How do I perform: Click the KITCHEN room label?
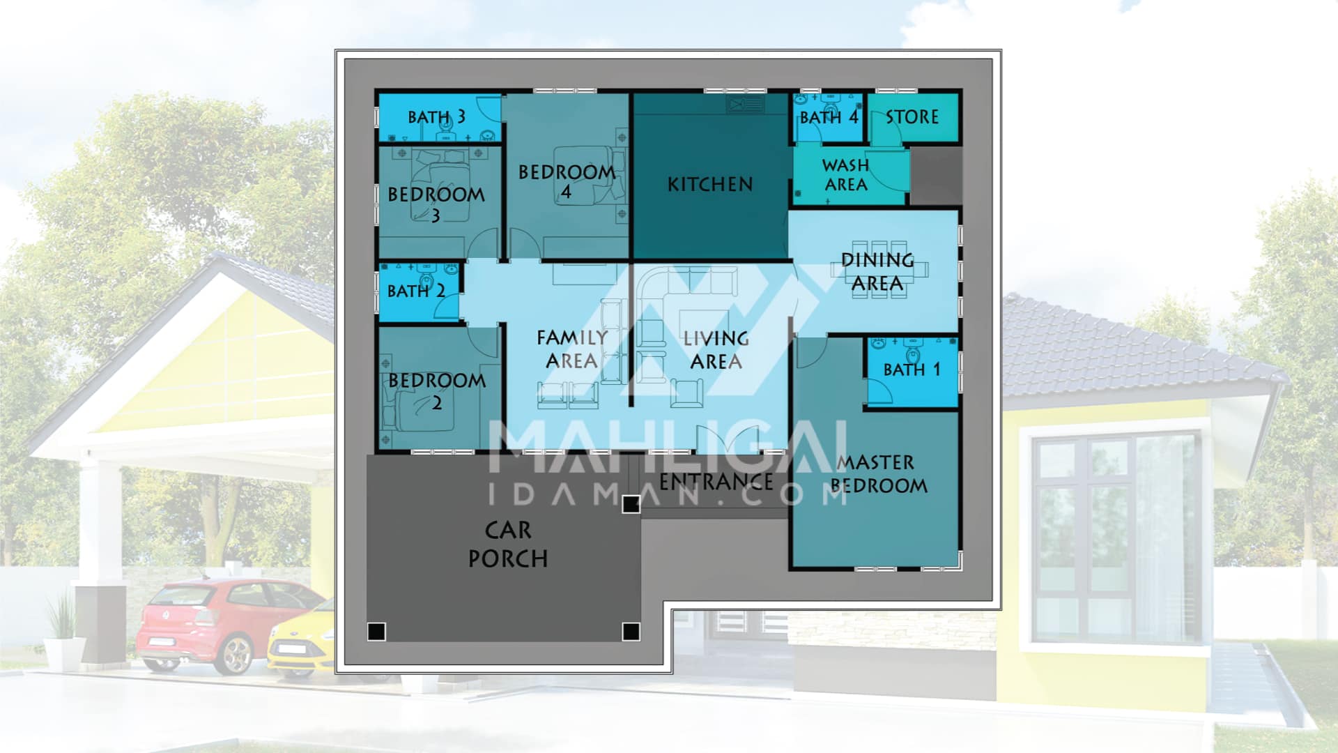click(x=710, y=184)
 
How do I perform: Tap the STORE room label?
click(x=912, y=116)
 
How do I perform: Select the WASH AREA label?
click(x=845, y=175)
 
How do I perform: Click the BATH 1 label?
click(x=912, y=369)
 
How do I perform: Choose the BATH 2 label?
click(x=416, y=290)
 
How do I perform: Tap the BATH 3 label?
click(x=436, y=116)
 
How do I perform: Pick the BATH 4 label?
click(x=829, y=116)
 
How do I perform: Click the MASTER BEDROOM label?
click(x=879, y=474)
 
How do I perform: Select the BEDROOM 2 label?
click(x=437, y=391)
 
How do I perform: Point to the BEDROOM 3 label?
click(x=436, y=204)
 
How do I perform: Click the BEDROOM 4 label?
click(x=567, y=181)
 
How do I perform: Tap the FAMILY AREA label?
click(x=572, y=349)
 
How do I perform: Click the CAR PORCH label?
click(x=508, y=545)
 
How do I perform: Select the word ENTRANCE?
click(x=716, y=481)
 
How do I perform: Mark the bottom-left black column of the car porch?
click(x=376, y=632)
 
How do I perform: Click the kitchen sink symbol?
click(x=746, y=105)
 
